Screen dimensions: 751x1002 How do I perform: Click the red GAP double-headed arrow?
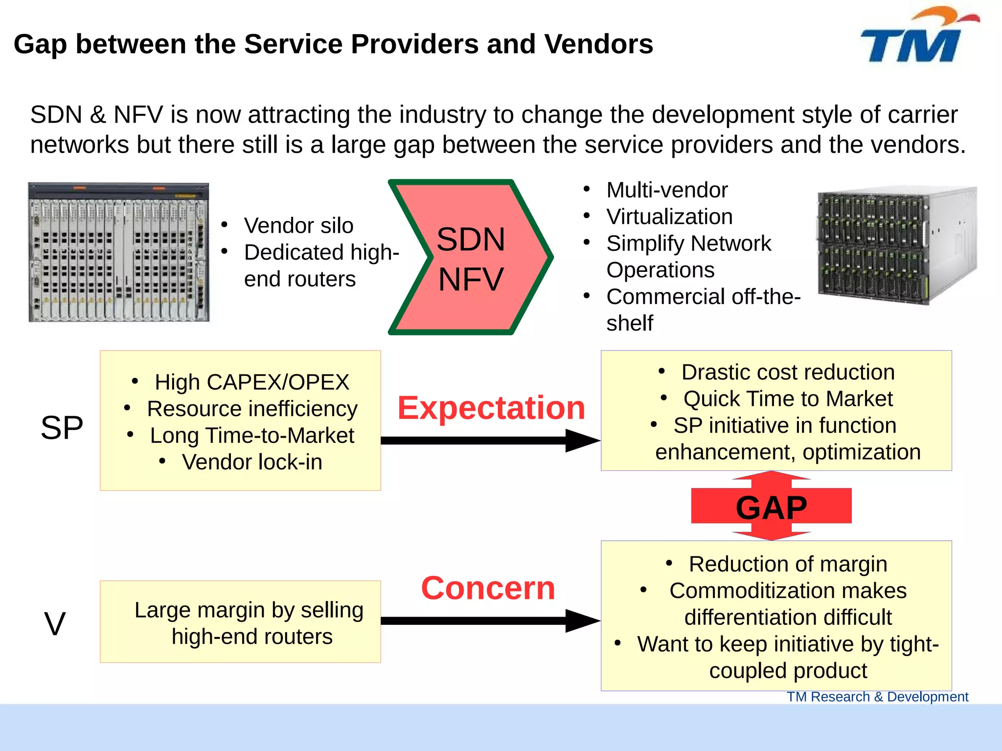(x=771, y=507)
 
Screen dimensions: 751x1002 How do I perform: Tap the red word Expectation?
(x=491, y=408)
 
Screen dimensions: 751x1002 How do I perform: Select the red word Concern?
(x=488, y=588)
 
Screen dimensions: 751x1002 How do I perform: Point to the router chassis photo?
(x=119, y=252)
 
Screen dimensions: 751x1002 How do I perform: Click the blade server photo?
(x=896, y=245)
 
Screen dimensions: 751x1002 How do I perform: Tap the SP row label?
(x=62, y=427)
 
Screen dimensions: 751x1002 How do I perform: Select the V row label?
(x=54, y=624)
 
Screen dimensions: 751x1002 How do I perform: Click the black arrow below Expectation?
(x=489, y=441)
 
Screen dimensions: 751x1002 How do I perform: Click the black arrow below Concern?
(x=489, y=621)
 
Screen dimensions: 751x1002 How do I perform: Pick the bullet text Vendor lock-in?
(x=252, y=462)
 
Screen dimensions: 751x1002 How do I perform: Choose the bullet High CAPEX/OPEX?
(x=252, y=382)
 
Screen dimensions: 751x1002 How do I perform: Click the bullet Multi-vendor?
(x=667, y=190)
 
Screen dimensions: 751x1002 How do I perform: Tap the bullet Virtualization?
(x=669, y=217)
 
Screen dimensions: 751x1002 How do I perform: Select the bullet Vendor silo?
(x=298, y=226)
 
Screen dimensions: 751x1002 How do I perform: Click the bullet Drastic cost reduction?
(x=788, y=373)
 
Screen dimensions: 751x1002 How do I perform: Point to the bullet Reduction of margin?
(x=788, y=564)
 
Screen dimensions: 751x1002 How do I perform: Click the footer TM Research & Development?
(x=877, y=697)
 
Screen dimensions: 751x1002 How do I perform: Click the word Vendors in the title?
(x=598, y=44)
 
